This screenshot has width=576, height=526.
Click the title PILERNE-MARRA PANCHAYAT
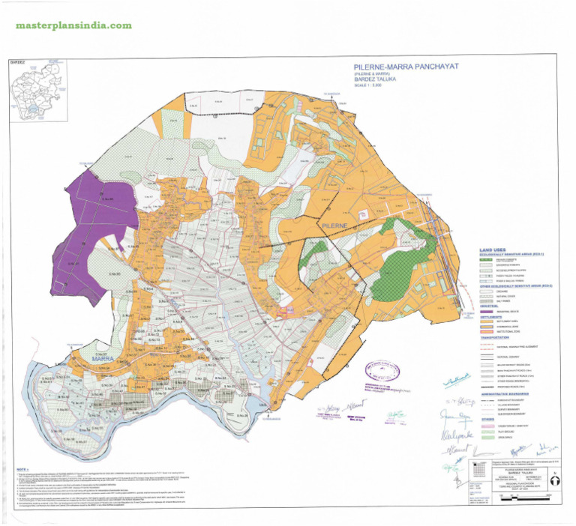[401, 67]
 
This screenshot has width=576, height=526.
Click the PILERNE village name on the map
[334, 225]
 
